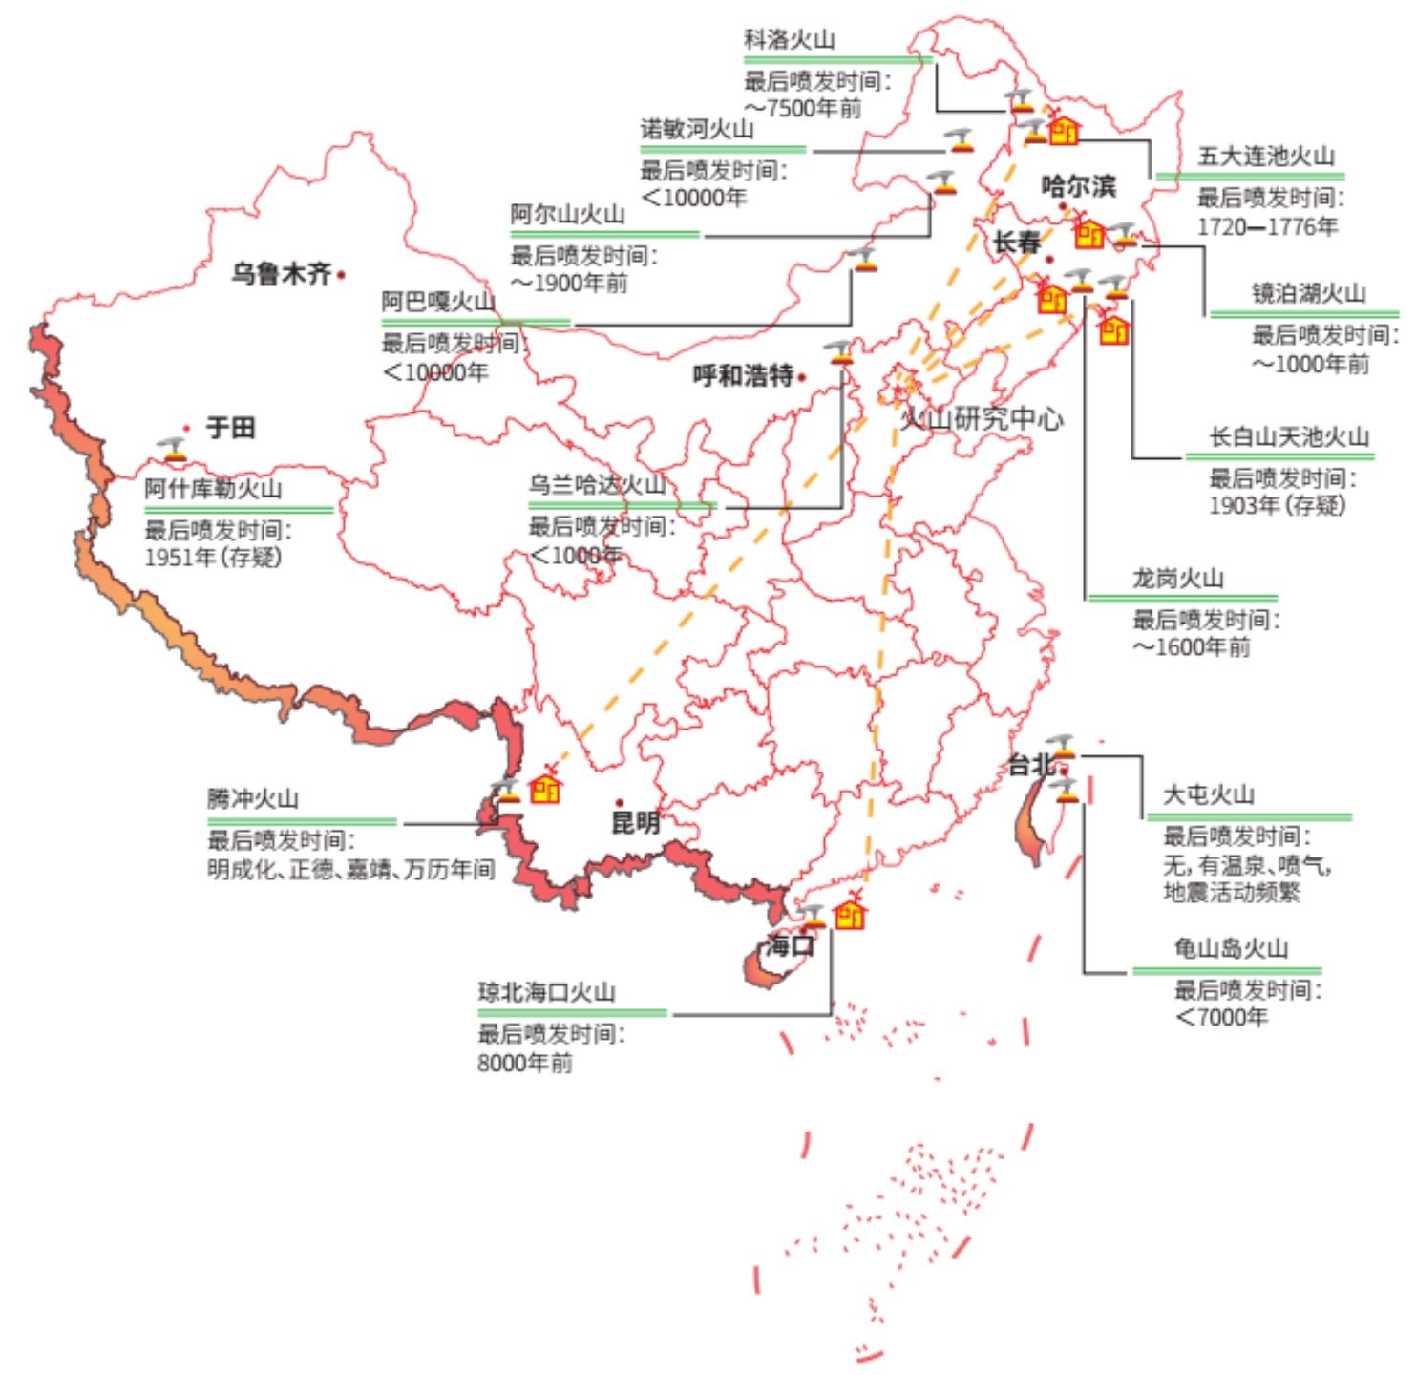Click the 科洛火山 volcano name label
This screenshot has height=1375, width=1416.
coord(789,40)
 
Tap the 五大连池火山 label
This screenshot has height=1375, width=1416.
coord(1265,157)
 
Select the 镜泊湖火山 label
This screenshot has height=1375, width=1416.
coord(1308,294)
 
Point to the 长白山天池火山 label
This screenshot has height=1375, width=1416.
coord(1289,437)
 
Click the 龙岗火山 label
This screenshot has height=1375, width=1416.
coord(1177,579)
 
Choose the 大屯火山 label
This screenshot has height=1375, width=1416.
coord(1208,794)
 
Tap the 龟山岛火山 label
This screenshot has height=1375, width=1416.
coord(1231,948)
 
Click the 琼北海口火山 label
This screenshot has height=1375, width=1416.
coord(546,992)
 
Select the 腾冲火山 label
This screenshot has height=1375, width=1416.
coord(253,798)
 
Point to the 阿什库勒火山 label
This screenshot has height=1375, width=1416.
coord(213,489)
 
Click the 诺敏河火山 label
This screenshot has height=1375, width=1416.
coord(696,129)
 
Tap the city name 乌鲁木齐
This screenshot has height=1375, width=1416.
coord(281,274)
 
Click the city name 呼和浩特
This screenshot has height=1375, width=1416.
coord(743,376)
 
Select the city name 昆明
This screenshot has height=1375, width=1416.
coord(635,822)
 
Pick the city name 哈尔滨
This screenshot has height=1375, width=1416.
coord(1078,185)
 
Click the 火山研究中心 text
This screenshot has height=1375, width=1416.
coord(982,418)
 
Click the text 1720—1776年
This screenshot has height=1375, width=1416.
coord(1267,227)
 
